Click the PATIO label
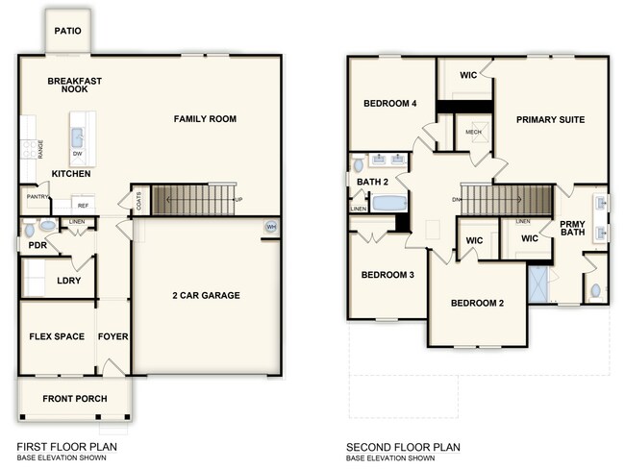point(67,31)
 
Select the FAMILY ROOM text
point(205,119)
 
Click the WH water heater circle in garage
point(270,227)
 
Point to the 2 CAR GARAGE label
point(207,295)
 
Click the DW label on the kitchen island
point(77,153)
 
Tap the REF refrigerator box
point(84,206)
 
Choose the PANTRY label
point(37,197)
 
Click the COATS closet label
point(139,202)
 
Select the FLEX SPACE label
point(57,336)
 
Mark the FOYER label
point(113,336)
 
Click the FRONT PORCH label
point(74,398)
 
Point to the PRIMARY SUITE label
point(550,119)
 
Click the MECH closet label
point(472,133)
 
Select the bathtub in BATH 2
point(389,203)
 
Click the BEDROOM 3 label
point(387,275)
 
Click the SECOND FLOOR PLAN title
point(403,447)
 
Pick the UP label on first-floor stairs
point(238,200)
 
